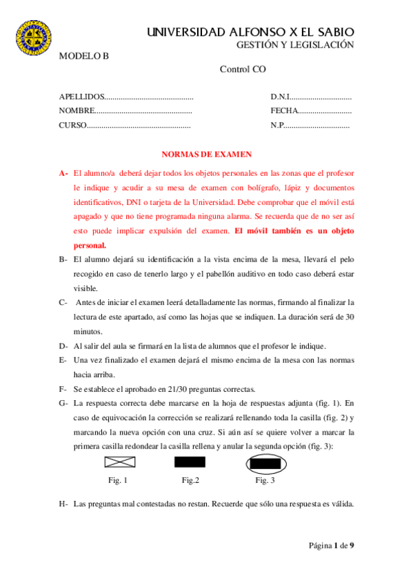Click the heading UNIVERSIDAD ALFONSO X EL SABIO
tap(251, 32)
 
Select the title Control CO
tap(243, 69)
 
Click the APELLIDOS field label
tap(82, 97)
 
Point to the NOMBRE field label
tap(76, 110)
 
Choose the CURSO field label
tap(72, 126)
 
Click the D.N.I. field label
tap(282, 97)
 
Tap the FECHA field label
tap(285, 110)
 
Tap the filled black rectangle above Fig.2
tap(190, 462)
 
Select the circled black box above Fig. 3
tap(265, 463)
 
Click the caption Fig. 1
tap(118, 479)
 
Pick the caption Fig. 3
tap(265, 479)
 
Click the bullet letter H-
tap(63, 504)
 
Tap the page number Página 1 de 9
tap(331, 546)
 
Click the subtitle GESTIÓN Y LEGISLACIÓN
tap(295, 45)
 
